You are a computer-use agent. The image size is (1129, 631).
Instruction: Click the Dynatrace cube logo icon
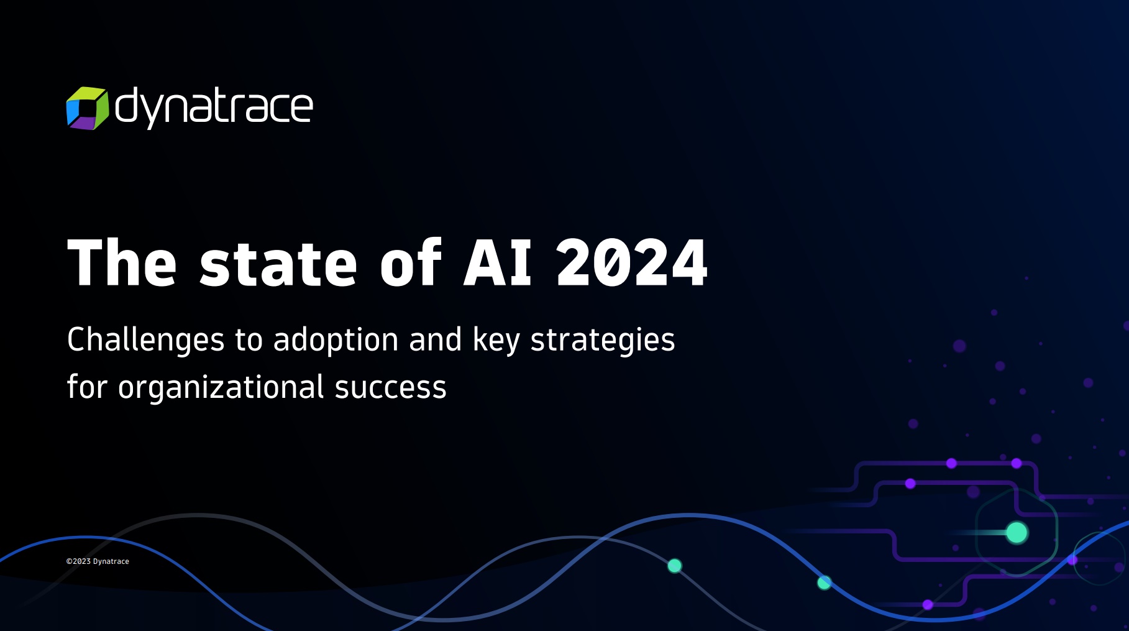click(x=87, y=108)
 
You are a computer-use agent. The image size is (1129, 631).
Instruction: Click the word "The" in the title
click(x=122, y=263)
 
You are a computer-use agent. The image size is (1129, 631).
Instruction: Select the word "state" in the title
click(x=278, y=264)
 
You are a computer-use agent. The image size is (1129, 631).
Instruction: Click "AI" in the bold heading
click(x=497, y=263)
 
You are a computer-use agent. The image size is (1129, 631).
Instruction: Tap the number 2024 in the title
click(x=632, y=263)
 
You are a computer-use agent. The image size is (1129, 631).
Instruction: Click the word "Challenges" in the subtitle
click(x=145, y=340)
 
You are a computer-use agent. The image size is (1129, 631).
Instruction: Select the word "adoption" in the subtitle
click(x=336, y=340)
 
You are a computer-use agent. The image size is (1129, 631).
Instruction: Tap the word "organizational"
click(x=221, y=388)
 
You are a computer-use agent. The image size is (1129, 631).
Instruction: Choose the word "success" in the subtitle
click(x=390, y=388)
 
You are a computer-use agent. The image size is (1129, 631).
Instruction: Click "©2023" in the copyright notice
click(x=78, y=561)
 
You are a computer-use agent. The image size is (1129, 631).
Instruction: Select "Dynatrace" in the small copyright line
click(x=111, y=561)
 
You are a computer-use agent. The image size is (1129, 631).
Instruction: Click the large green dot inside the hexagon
click(x=1017, y=533)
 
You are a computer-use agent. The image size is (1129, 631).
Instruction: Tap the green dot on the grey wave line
click(x=674, y=566)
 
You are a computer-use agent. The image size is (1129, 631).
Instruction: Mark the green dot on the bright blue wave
click(x=824, y=583)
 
